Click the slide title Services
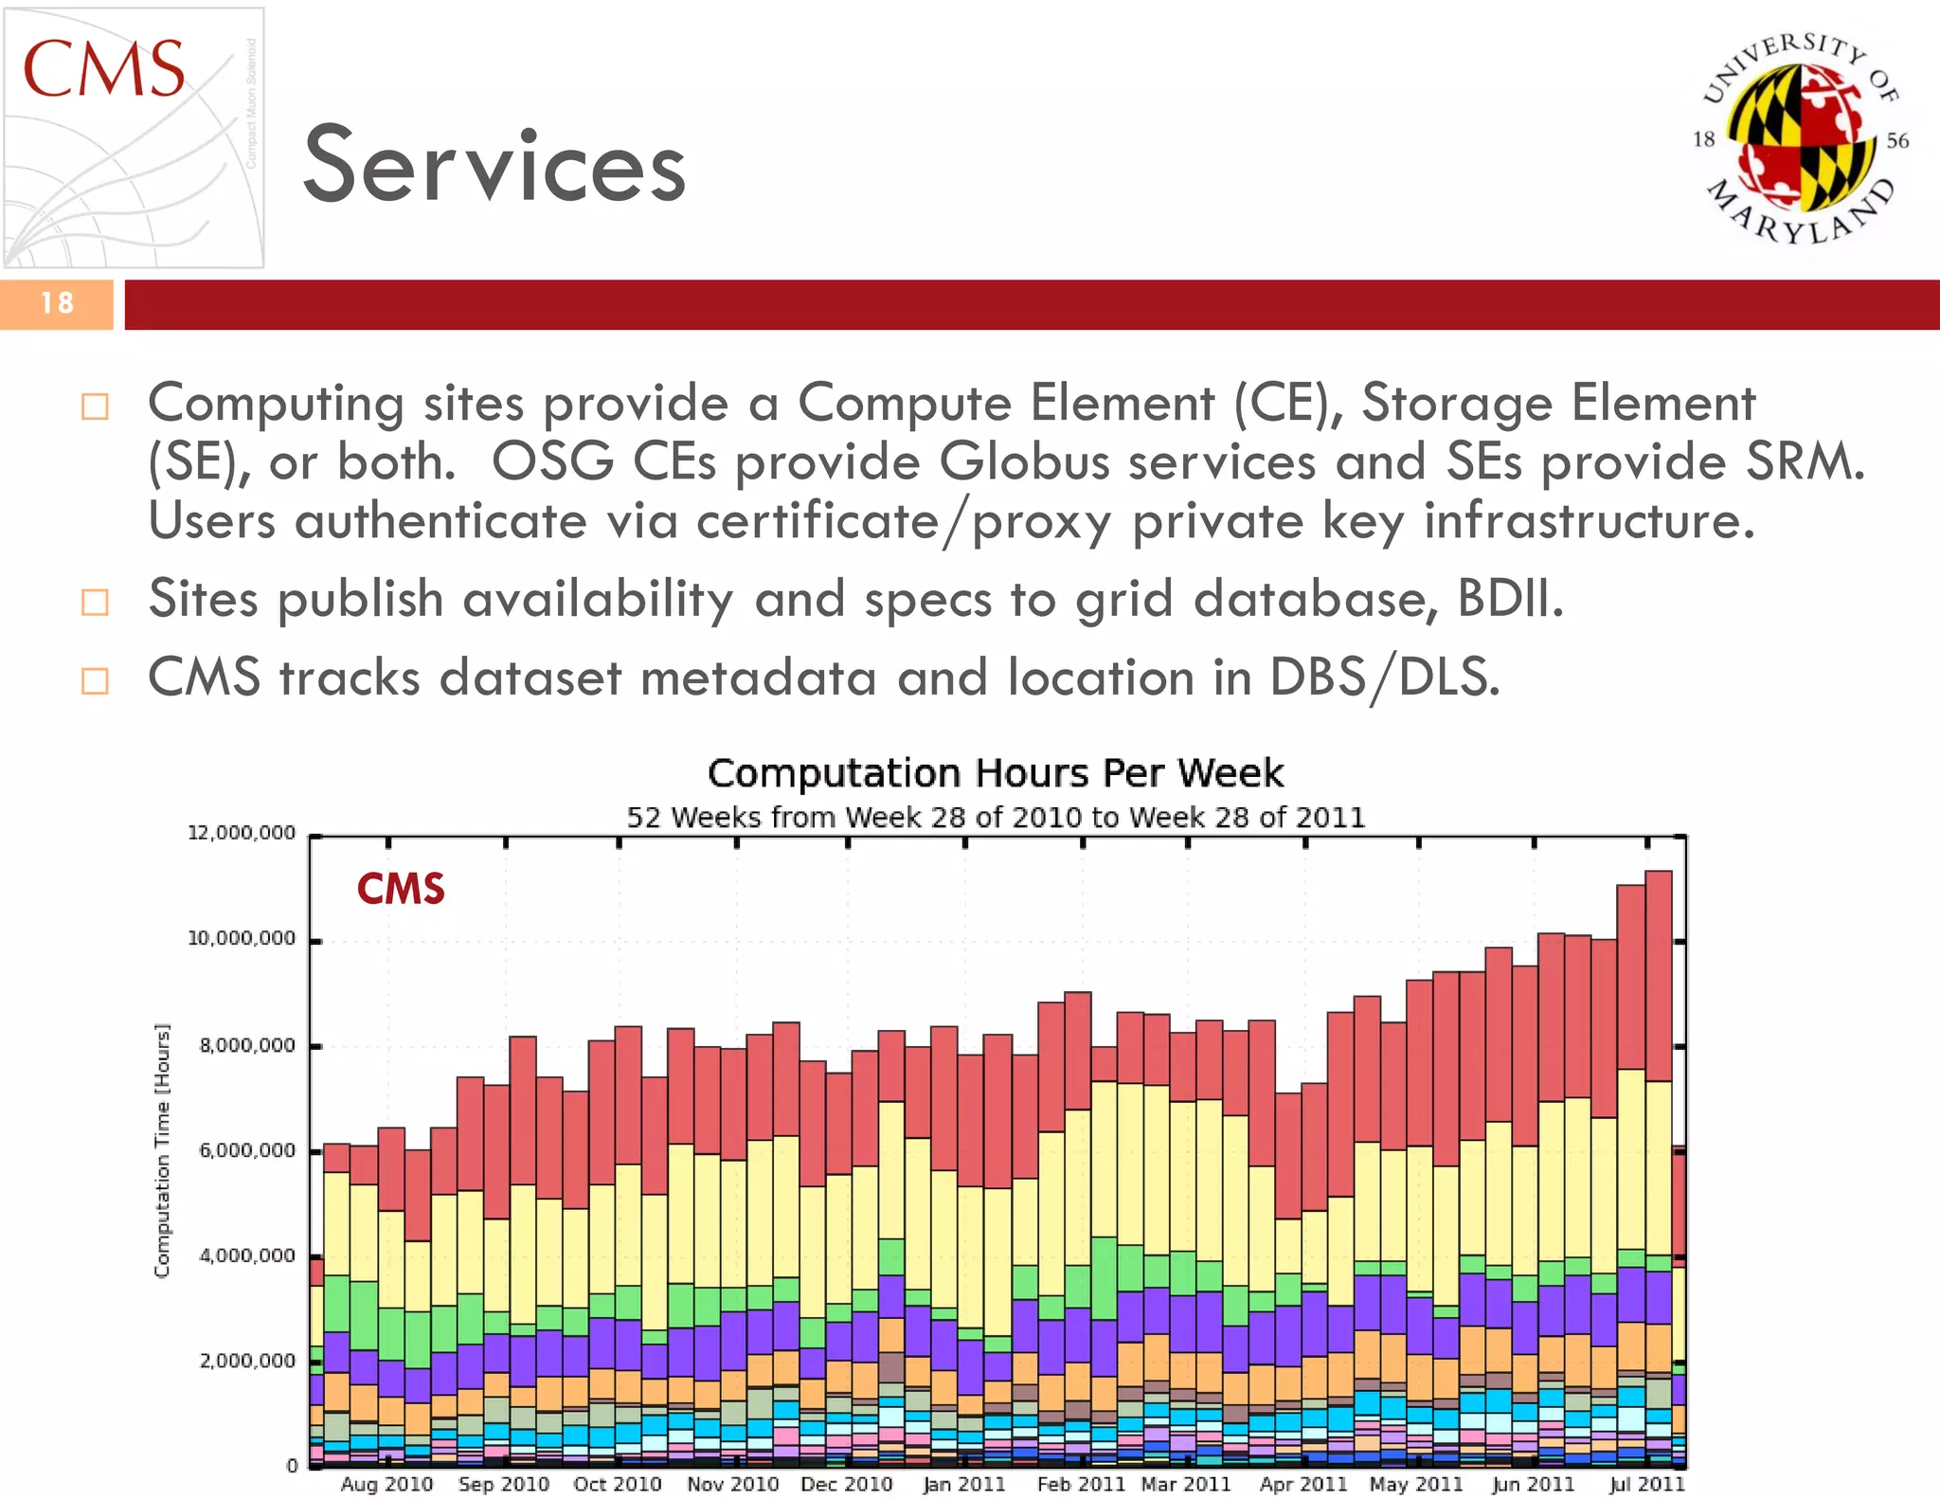(x=494, y=167)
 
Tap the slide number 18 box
(x=57, y=303)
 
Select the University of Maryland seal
(x=1799, y=138)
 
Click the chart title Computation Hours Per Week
(x=996, y=773)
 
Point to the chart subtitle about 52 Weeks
(x=996, y=817)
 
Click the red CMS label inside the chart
(x=401, y=889)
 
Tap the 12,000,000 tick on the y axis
(x=242, y=833)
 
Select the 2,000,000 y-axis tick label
(x=247, y=1361)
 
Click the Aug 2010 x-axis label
(x=386, y=1484)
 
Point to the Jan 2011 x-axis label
(x=964, y=1484)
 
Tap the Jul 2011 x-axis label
(x=1647, y=1484)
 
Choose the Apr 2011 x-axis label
(x=1303, y=1484)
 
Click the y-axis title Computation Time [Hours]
(x=163, y=1150)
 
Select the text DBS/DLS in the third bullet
(x=1384, y=678)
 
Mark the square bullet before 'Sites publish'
(x=95, y=602)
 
